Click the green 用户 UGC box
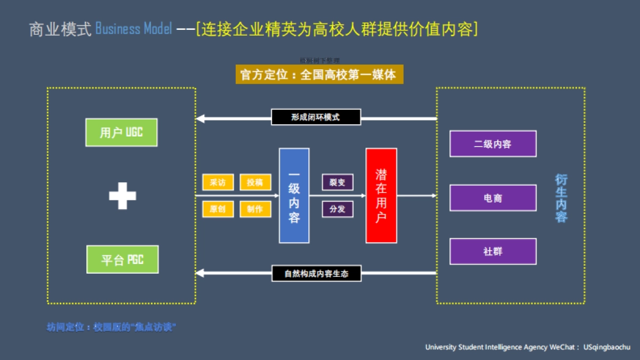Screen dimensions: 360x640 pyautogui.click(x=122, y=132)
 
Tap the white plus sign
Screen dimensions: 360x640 pyautogui.click(x=122, y=196)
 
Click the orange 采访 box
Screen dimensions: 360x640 pyautogui.click(x=218, y=182)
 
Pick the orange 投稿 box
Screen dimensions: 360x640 pyautogui.click(x=255, y=182)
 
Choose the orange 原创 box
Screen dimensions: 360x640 pyautogui.click(x=218, y=209)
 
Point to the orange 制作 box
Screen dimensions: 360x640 pyautogui.click(x=255, y=209)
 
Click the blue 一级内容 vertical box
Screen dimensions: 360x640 pyautogui.click(x=294, y=196)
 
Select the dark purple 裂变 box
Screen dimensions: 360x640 pyautogui.click(x=337, y=182)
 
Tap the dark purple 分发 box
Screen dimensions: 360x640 pyautogui.click(x=337, y=209)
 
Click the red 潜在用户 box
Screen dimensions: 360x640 pyautogui.click(x=381, y=196)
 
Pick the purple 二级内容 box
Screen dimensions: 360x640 pyautogui.click(x=493, y=144)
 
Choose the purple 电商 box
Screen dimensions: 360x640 pyautogui.click(x=493, y=198)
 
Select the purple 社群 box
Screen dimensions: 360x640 pyautogui.click(x=493, y=251)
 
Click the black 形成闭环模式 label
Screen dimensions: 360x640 pyautogui.click(x=316, y=117)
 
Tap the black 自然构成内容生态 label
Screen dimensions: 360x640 pyautogui.click(x=316, y=274)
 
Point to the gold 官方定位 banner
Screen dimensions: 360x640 pyautogui.click(x=319, y=75)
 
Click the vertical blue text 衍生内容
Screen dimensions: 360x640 pyautogui.click(x=561, y=198)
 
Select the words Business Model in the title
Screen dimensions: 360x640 pyautogui.click(x=133, y=29)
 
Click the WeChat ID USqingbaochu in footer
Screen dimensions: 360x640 pyautogui.click(x=607, y=347)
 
